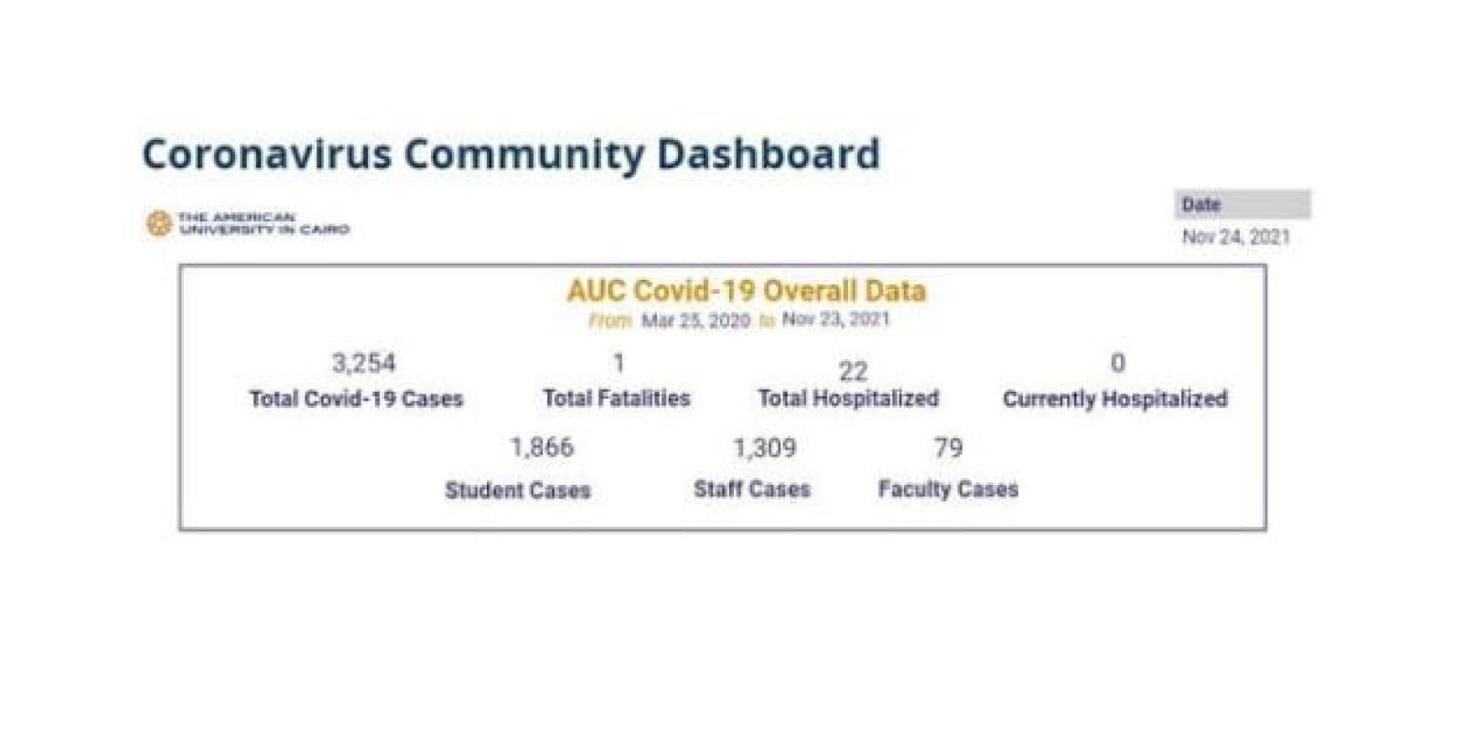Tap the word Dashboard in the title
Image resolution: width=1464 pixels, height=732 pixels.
[768, 154]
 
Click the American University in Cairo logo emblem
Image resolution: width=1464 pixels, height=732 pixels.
[158, 223]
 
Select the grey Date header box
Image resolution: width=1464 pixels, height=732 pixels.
[1242, 204]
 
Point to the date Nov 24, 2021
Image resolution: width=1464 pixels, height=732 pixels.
[1235, 237]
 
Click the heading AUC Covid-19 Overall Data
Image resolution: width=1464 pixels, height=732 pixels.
[746, 291]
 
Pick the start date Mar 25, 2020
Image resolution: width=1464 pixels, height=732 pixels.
[694, 321]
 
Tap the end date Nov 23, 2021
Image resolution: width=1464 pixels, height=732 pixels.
[834, 319]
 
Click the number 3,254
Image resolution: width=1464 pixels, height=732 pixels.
[363, 363]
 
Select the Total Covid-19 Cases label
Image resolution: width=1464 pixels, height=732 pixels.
[356, 399]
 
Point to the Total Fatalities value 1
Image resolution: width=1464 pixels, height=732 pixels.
[619, 363]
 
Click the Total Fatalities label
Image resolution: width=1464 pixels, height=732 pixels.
[616, 398]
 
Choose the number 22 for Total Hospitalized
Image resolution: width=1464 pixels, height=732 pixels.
[852, 371]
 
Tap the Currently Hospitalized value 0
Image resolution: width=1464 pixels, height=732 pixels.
[1117, 363]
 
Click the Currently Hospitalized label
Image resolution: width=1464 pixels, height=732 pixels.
[1114, 399]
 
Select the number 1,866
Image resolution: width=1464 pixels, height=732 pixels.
[542, 447]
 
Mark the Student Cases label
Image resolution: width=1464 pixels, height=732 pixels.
[517, 490]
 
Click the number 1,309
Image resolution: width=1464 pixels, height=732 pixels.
[764, 447]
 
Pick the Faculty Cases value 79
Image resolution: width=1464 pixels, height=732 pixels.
[948, 447]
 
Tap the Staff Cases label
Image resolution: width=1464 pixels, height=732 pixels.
[751, 490]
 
